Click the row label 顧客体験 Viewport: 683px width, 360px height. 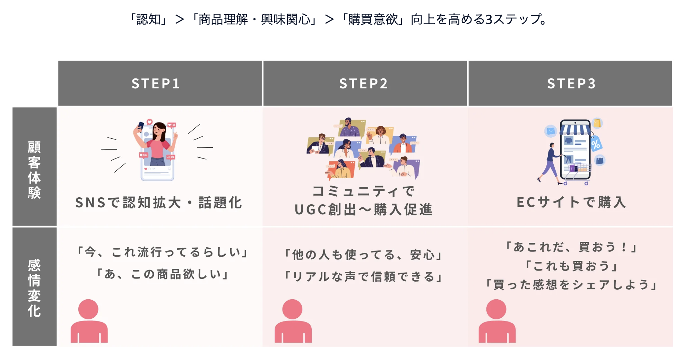[x=34, y=170]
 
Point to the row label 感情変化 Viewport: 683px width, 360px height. [x=34, y=288]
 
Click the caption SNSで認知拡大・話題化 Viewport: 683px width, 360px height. [x=158, y=203]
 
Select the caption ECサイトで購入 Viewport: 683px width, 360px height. [x=571, y=202]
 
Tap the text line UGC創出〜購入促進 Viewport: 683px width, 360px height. [x=363, y=209]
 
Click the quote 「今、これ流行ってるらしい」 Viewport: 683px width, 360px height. [x=162, y=252]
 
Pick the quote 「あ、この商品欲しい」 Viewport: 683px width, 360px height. [x=162, y=274]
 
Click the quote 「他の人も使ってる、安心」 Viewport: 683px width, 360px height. [x=363, y=255]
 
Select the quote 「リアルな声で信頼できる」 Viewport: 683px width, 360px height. [x=363, y=277]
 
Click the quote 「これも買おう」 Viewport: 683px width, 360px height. [x=571, y=266]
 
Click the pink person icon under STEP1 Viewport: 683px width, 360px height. [x=89, y=321]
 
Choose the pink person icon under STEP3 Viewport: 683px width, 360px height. [x=497, y=321]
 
